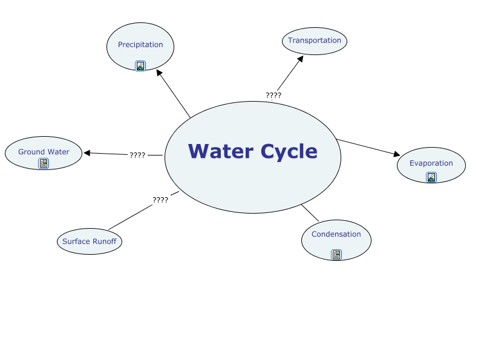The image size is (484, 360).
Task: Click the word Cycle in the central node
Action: pyautogui.click(x=289, y=151)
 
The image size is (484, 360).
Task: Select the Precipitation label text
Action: pyautogui.click(x=140, y=45)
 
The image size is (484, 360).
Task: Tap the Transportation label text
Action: pyautogui.click(x=315, y=41)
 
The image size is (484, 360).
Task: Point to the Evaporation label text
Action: pyautogui.click(x=431, y=163)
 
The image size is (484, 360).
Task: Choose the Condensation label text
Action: pyautogui.click(x=336, y=234)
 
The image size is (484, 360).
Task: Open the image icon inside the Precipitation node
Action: pyautogui.click(x=140, y=66)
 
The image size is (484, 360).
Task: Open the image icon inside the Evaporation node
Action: pyautogui.click(x=431, y=177)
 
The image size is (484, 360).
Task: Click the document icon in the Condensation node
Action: pyautogui.click(x=336, y=255)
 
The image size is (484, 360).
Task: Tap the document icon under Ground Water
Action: pyautogui.click(x=44, y=163)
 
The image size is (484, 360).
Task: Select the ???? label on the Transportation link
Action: pyautogui.click(x=273, y=96)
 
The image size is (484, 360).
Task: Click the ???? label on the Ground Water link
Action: pyautogui.click(x=137, y=155)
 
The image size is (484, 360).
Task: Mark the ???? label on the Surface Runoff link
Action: pyautogui.click(x=160, y=200)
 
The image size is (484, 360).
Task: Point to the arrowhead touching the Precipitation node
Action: pyautogui.click(x=159, y=73)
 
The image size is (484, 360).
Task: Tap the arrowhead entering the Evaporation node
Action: pyautogui.click(x=397, y=155)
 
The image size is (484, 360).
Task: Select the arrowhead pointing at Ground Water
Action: pyautogui.click(x=87, y=153)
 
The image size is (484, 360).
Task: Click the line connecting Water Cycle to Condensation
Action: pyautogui.click(x=310, y=213)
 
